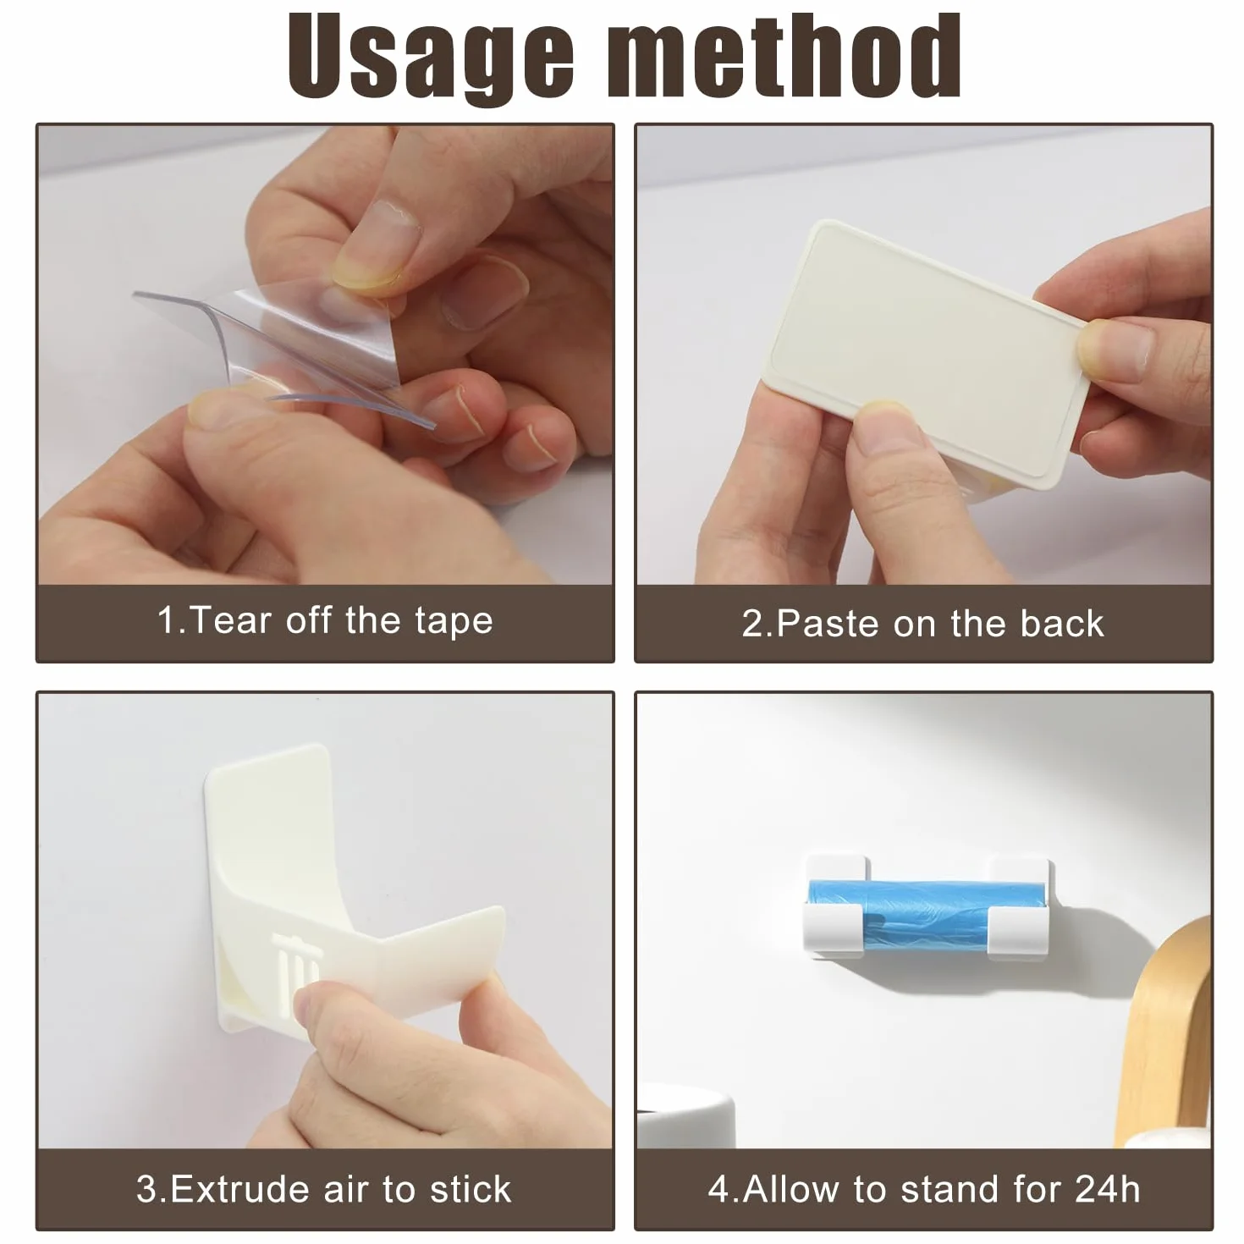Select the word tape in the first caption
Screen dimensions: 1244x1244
pyautogui.click(x=454, y=622)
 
